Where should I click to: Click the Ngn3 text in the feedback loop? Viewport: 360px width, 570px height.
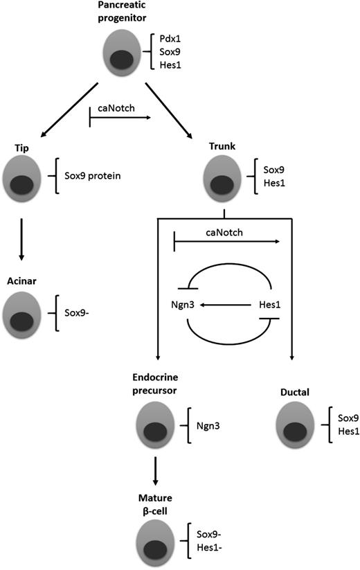(x=182, y=303)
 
